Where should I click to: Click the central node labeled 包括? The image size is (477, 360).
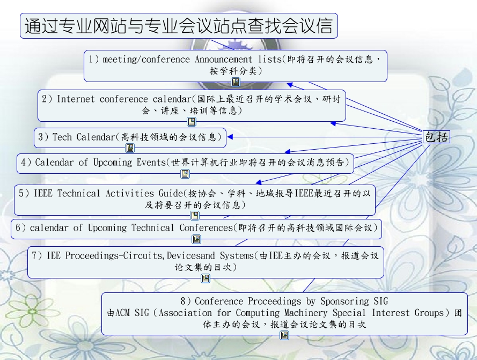pos(436,137)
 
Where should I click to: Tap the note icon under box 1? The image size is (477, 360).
pos(236,82)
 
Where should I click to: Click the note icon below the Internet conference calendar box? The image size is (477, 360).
pos(192,122)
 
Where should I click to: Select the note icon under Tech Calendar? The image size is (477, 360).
pos(130,148)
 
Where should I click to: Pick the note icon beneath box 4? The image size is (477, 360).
pos(185,174)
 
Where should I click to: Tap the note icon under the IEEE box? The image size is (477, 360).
pos(195,216)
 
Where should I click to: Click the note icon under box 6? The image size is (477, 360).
pos(196,239)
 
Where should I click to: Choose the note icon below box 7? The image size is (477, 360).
pos(206,278)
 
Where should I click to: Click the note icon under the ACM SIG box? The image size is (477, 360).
pos(284,335)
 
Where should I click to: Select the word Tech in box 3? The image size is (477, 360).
pos(62,137)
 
